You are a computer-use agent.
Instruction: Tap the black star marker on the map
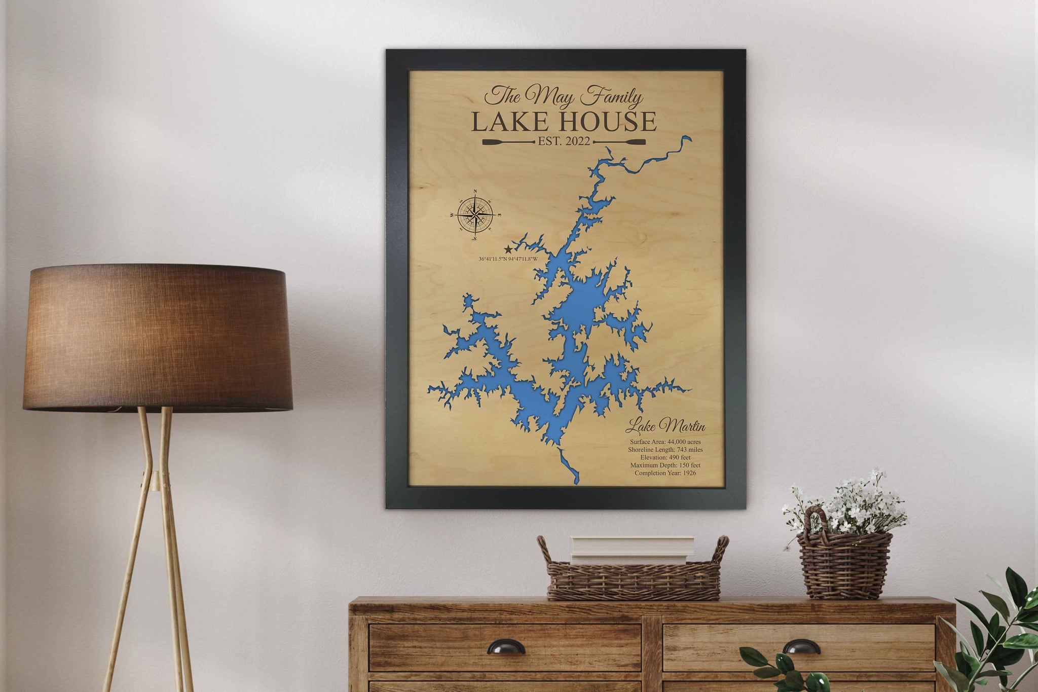coord(508,249)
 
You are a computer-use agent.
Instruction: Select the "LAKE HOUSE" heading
coord(564,122)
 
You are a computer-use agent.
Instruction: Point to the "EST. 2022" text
coord(564,142)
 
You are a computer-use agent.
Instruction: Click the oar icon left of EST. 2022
coord(508,142)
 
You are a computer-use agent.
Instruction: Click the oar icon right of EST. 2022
coord(619,142)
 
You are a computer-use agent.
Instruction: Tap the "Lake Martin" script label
coord(665,426)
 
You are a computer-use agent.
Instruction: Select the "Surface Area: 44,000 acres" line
coord(665,442)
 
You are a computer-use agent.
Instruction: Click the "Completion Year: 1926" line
coord(665,473)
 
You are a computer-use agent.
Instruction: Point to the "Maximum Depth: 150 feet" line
coord(665,465)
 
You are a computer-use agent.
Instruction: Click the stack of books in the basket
coord(632,550)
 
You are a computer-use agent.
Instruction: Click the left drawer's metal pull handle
coord(506,647)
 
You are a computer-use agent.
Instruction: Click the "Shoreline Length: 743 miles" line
coord(665,450)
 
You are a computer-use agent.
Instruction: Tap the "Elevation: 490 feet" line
coord(665,457)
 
